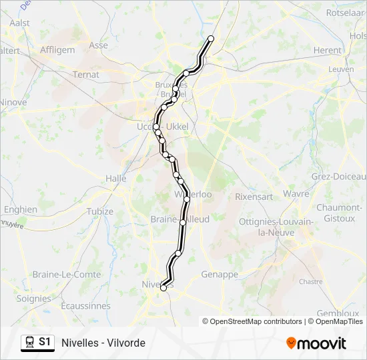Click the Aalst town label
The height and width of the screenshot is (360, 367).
point(19,22)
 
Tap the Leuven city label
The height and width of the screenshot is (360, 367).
point(340,69)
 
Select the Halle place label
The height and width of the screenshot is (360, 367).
point(115,178)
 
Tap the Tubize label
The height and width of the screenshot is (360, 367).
point(99,211)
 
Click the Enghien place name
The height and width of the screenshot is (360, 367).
point(20,209)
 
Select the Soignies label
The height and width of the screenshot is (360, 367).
point(33,299)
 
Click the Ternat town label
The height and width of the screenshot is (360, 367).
point(85,75)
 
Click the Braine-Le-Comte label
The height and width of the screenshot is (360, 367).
point(67,274)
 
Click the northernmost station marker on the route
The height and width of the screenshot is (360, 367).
point(212,39)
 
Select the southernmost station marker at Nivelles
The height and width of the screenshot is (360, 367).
point(163,288)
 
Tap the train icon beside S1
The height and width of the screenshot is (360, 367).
point(29,342)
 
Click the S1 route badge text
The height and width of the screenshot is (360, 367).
point(45,342)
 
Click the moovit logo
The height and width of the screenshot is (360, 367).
point(316,343)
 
